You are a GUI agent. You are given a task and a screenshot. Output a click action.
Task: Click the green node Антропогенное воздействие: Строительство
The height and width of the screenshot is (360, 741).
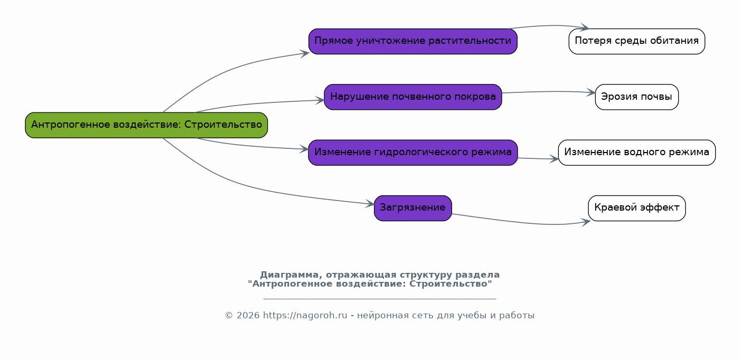click(x=146, y=125)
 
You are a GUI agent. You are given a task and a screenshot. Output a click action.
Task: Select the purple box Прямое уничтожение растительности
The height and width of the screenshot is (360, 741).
click(x=413, y=41)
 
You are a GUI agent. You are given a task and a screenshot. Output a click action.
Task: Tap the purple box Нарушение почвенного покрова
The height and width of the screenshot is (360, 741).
click(x=413, y=97)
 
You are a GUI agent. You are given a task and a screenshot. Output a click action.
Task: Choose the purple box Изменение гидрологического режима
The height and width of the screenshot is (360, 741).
click(x=413, y=153)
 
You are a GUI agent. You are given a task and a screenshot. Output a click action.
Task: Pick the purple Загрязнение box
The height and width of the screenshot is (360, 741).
click(x=413, y=208)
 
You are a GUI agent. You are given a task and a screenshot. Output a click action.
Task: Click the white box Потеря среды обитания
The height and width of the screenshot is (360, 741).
click(x=637, y=41)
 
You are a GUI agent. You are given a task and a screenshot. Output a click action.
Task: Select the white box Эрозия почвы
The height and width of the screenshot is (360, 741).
click(x=637, y=97)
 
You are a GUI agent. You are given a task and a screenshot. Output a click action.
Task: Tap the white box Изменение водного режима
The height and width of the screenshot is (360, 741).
click(x=637, y=153)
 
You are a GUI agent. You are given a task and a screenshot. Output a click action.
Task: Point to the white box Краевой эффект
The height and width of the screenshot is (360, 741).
click(x=637, y=208)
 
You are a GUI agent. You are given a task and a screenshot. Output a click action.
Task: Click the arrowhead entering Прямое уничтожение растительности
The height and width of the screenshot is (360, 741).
click(x=305, y=53)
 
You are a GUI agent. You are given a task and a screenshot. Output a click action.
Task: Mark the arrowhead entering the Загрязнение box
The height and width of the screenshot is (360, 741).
click(x=370, y=204)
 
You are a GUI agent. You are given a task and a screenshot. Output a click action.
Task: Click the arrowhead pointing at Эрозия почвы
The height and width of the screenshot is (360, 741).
click(x=591, y=92)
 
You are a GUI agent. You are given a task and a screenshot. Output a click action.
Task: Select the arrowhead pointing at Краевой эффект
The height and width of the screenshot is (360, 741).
click(x=586, y=222)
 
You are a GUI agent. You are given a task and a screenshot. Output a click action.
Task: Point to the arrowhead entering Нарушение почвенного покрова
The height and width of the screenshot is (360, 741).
click(x=320, y=100)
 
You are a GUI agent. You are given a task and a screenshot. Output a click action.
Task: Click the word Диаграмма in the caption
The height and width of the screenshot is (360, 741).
click(x=289, y=274)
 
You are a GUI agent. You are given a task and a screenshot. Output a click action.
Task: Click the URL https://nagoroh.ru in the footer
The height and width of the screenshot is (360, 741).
click(x=305, y=315)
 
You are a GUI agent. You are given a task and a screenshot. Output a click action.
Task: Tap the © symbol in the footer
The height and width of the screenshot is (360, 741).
click(x=229, y=315)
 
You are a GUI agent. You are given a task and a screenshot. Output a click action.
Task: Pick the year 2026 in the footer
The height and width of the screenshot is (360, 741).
click(x=248, y=315)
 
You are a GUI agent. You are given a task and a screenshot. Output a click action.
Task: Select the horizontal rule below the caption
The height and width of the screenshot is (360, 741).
click(x=380, y=299)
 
